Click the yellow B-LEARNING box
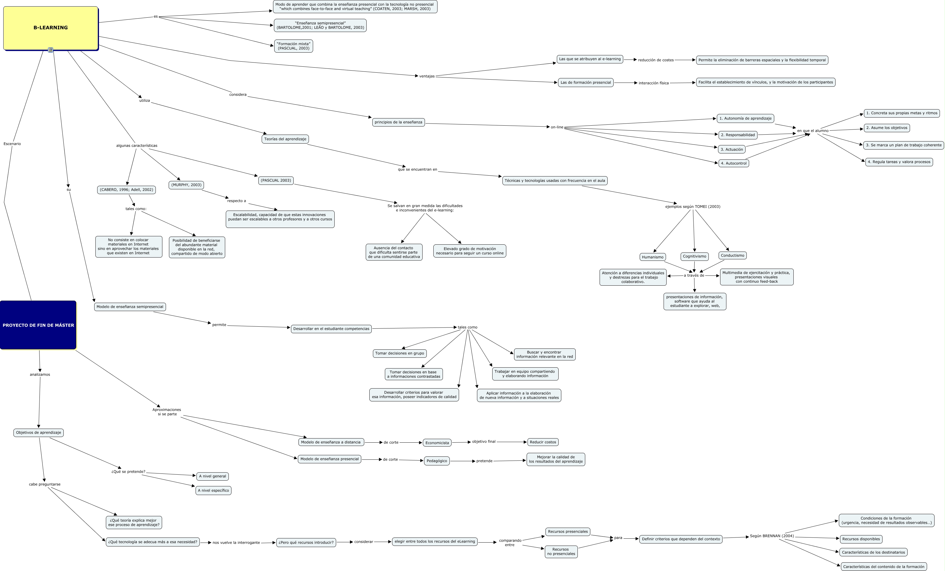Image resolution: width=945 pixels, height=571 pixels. click(x=51, y=28)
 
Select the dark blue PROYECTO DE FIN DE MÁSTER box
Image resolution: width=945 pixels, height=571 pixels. click(x=38, y=325)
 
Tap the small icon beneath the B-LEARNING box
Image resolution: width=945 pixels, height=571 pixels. click(x=51, y=50)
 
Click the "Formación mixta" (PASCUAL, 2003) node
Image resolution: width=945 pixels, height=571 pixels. click(x=293, y=46)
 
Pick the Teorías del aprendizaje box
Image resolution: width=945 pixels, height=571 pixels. click(x=285, y=139)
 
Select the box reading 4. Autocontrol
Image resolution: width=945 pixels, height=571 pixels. click(x=733, y=163)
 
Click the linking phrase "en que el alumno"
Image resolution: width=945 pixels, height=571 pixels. click(x=813, y=131)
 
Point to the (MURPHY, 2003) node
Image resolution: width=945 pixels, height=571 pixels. click(x=186, y=185)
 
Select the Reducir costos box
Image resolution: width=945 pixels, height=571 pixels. click(x=543, y=442)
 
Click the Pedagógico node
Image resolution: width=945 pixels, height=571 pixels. click(x=437, y=461)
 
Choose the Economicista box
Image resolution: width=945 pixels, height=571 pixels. click(x=437, y=443)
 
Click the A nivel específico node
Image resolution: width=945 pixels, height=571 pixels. click(x=213, y=491)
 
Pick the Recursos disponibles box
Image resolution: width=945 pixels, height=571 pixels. click(x=861, y=539)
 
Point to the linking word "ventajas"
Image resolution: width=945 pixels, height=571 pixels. click(x=426, y=76)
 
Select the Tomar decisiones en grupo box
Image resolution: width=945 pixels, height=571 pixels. click(x=399, y=353)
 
